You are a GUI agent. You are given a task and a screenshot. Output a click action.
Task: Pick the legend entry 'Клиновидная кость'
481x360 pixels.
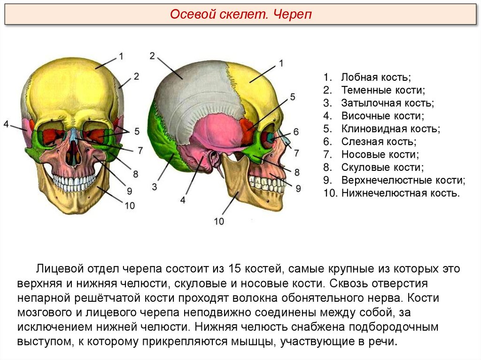point(390,128)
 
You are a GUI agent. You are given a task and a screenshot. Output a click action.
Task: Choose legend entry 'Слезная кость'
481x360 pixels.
point(379,141)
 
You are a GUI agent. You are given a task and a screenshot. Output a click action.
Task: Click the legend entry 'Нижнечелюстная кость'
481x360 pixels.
point(400,192)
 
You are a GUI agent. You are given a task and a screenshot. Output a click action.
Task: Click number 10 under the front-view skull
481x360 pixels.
point(130,205)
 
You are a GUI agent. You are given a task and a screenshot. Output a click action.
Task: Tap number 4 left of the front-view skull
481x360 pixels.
point(6,124)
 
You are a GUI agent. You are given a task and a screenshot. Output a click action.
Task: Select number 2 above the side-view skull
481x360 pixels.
point(152,56)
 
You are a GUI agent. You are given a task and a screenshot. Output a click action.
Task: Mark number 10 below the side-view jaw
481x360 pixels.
point(219,221)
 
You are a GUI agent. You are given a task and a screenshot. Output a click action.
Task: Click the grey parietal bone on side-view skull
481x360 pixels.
point(197,94)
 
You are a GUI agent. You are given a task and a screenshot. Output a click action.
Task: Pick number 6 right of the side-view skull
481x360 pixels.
point(296,131)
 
